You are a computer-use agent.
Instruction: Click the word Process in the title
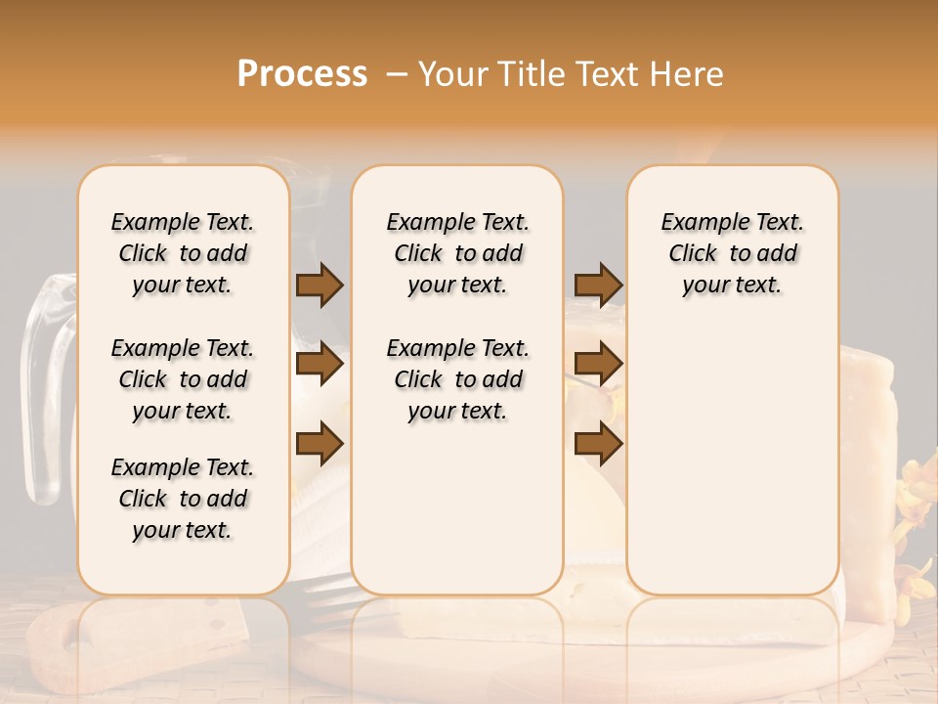pos(302,74)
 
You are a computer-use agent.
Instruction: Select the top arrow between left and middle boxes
pos(320,285)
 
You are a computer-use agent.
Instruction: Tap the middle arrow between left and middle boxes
pos(320,365)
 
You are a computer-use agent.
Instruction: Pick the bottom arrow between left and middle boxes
pos(320,444)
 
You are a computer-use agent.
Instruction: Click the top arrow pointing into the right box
pos(598,285)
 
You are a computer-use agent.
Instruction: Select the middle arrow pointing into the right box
pos(598,365)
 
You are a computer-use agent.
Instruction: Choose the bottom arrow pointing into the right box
pos(598,444)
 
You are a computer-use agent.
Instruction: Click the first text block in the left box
pos(183,253)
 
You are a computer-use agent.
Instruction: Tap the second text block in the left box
pos(183,379)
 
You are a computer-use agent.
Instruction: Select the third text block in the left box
pos(183,499)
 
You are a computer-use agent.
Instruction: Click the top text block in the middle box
pos(458,253)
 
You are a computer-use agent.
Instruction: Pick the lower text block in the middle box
pos(458,379)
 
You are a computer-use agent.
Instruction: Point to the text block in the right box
pos(733,253)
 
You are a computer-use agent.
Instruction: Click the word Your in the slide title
pos(453,74)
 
